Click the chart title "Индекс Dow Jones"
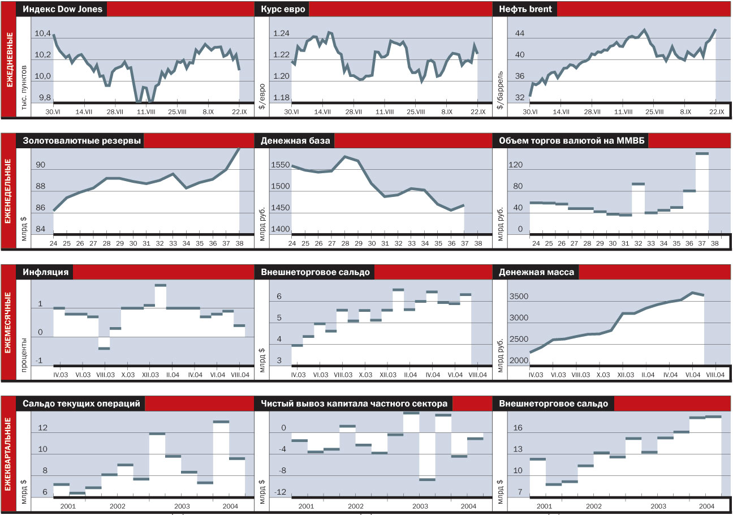point(61,9)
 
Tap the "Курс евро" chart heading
point(283,9)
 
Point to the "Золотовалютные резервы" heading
point(81,141)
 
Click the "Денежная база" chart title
point(296,141)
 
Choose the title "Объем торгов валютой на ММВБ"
point(570,141)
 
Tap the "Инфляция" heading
point(46,272)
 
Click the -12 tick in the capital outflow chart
point(280,492)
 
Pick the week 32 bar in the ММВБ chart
point(638,207)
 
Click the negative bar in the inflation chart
point(104,342)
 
